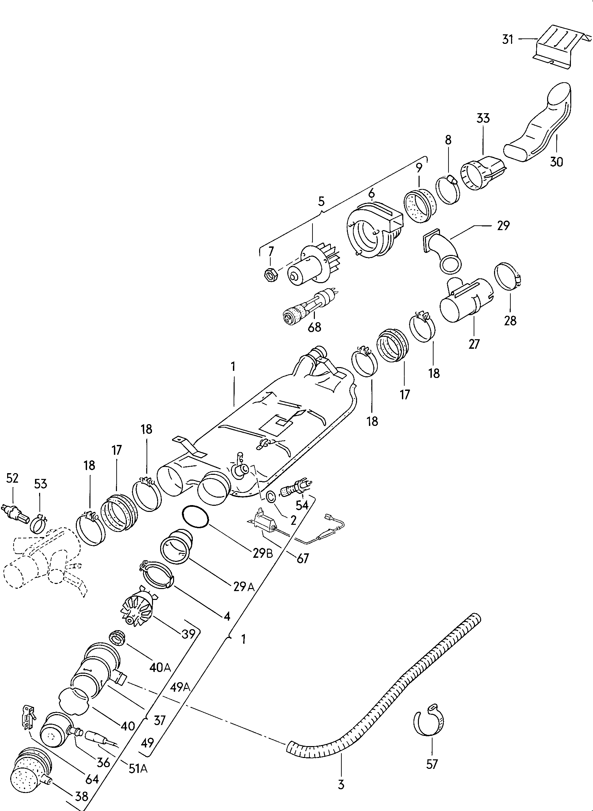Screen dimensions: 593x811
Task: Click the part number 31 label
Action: (508, 39)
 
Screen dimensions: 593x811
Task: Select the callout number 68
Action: (315, 327)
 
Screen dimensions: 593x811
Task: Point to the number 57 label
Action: (432, 764)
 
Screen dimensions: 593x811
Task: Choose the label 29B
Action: (263, 553)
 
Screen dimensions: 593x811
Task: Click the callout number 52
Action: (13, 478)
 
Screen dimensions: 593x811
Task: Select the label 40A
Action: (160, 667)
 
